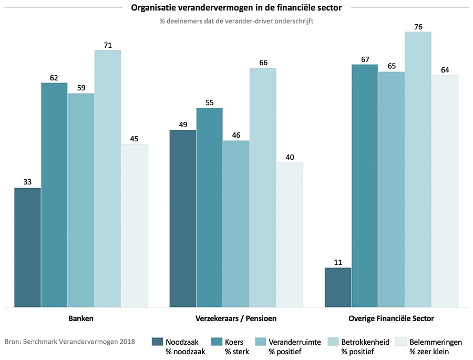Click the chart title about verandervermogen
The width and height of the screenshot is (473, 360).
point(236,7)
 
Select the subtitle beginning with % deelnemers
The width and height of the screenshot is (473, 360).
point(236,22)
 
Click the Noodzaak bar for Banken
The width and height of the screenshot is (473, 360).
point(27,247)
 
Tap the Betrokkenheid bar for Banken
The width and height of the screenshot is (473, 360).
point(108,178)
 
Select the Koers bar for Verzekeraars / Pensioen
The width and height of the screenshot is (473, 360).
point(209,207)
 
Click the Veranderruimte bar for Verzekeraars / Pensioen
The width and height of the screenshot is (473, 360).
point(236,223)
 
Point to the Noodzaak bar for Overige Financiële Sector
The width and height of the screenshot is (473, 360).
point(338,287)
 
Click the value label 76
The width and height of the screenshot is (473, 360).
point(418,27)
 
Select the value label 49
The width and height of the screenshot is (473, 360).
point(182,125)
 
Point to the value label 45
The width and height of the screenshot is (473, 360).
point(135,139)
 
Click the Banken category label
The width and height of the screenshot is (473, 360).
point(81,318)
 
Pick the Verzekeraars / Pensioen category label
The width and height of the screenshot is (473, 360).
point(236,318)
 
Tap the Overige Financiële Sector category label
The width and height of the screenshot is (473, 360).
point(391,318)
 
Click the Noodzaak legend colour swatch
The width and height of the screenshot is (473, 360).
point(157,342)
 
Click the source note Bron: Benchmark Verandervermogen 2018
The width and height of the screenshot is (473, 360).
point(70,342)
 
